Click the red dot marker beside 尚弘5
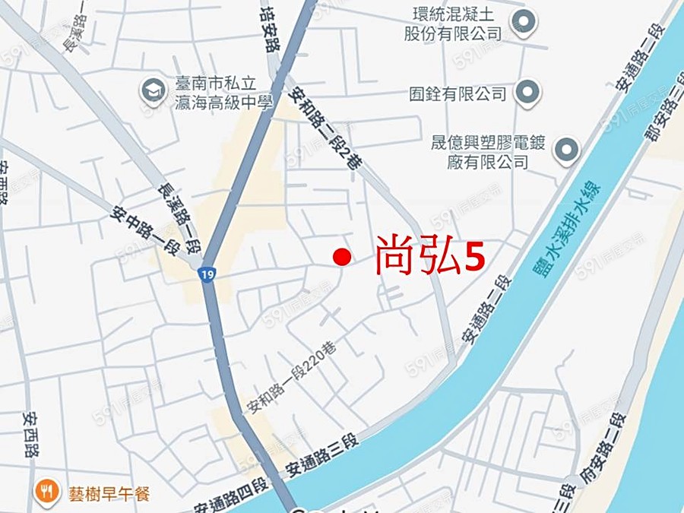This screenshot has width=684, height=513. click(342, 258)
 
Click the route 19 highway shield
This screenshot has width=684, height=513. click(206, 274)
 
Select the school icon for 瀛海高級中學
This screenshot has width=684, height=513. click(153, 91)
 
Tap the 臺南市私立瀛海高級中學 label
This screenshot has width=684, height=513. click(223, 92)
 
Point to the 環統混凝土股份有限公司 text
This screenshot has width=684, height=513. click(453, 24)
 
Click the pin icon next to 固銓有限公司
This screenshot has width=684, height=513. click(527, 93)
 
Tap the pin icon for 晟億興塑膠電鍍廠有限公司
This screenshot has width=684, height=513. click(566, 150)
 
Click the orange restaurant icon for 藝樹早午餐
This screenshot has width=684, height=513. click(47, 492)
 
